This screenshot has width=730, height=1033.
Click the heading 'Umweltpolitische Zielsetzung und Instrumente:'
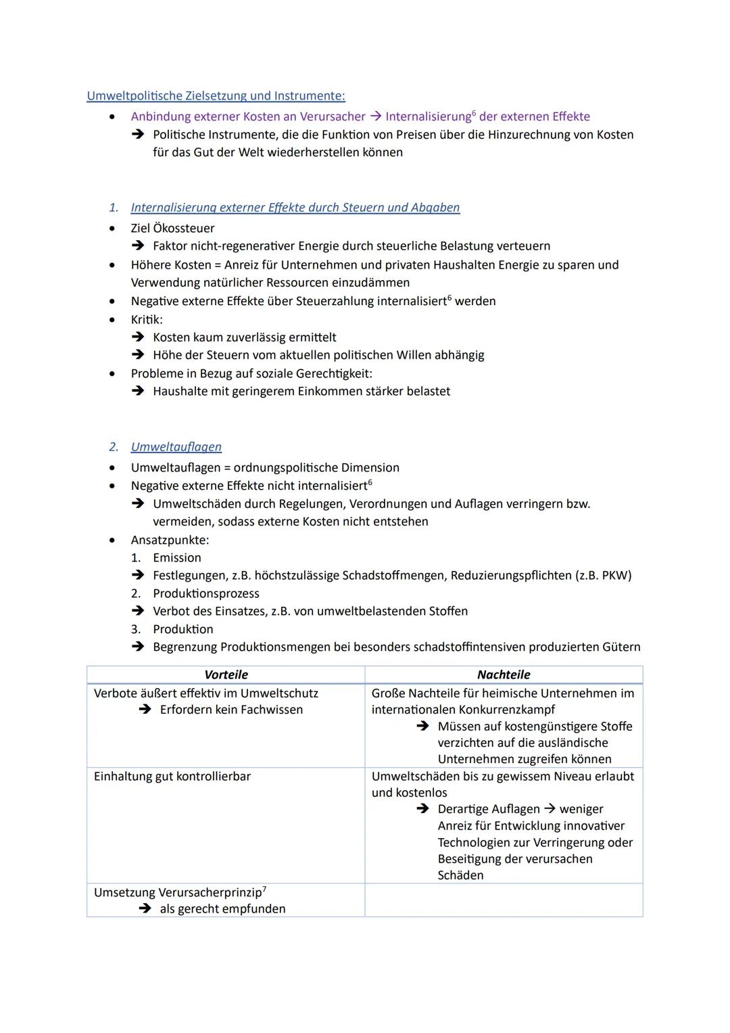[216, 96]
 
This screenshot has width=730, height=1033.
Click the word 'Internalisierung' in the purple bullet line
[428, 116]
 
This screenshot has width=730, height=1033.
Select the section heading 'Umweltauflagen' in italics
[176, 447]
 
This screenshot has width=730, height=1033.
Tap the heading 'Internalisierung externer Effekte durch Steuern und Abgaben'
[295, 208]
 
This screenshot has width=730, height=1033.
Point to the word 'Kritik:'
[147, 319]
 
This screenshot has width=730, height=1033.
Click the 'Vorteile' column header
[226, 674]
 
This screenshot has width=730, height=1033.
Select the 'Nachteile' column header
[504, 674]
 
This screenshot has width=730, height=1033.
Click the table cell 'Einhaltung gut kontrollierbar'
[172, 777]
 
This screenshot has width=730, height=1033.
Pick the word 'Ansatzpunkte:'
[170, 540]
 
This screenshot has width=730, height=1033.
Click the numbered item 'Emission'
[177, 558]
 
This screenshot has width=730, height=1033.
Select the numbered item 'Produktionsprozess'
[206, 594]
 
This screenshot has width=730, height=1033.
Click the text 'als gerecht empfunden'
[222, 909]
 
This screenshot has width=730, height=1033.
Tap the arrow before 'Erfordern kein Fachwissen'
[145, 710]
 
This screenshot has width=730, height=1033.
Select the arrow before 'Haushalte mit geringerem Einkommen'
[138, 391]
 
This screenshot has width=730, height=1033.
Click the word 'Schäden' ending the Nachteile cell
[460, 875]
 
